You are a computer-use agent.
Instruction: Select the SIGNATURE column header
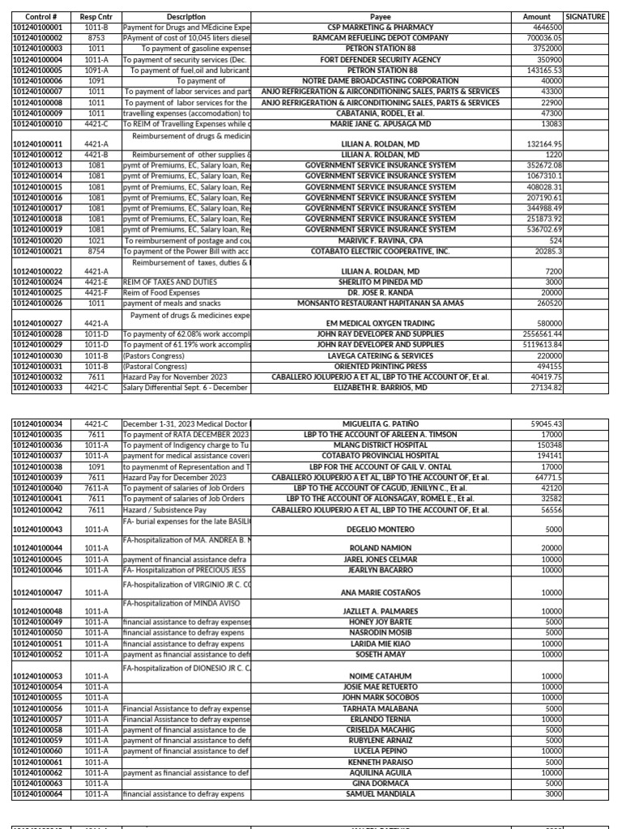click(x=586, y=16)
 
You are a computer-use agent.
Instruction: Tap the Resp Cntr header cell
click(x=96, y=16)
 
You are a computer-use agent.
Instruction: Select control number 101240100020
click(x=41, y=240)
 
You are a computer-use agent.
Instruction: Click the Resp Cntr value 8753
click(x=96, y=37)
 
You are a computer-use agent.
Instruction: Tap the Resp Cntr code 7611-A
click(x=96, y=488)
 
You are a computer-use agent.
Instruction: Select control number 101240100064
click(x=41, y=794)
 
